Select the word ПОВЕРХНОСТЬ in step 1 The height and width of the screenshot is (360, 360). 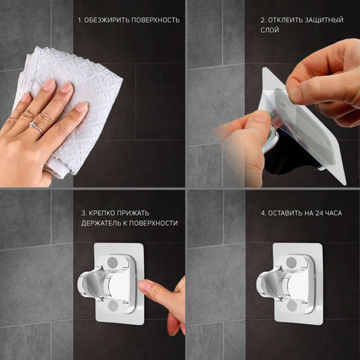click(155, 20)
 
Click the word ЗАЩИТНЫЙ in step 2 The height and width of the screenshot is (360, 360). click(324, 20)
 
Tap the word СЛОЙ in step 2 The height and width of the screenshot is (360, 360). click(270, 30)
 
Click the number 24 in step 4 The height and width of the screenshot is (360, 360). click(319, 213)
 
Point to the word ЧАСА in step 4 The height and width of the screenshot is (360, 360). click(334, 213)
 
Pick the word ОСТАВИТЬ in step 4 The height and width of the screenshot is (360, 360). click(285, 213)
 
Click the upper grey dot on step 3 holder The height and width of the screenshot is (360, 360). click(112, 262)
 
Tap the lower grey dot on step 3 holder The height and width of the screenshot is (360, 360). click(113, 306)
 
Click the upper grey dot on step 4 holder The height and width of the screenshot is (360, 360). click(291, 262)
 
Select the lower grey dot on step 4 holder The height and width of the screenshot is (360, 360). click(292, 306)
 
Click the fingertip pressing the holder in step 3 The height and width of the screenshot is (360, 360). click(143, 286)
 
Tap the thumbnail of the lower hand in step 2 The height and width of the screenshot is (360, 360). click(259, 117)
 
